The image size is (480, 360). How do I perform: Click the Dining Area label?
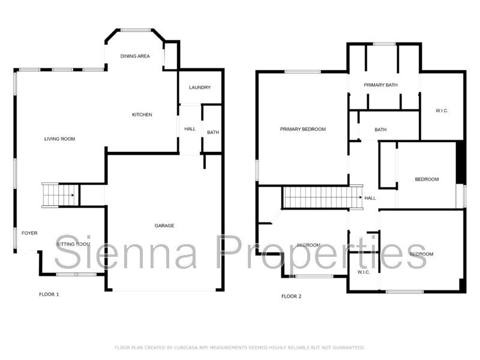pyautogui.click(x=135, y=56)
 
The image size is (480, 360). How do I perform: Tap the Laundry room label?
pyautogui.click(x=200, y=88)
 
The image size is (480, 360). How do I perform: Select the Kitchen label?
pyautogui.click(x=142, y=115)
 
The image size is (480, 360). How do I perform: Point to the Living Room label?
pyautogui.click(x=59, y=139)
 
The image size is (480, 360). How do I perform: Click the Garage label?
pyautogui.click(x=164, y=226)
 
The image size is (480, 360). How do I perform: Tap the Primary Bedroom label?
pyautogui.click(x=302, y=129)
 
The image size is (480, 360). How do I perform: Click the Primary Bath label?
pyautogui.click(x=380, y=85)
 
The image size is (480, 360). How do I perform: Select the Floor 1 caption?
pyautogui.click(x=49, y=294)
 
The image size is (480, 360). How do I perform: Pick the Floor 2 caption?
pyautogui.click(x=292, y=296)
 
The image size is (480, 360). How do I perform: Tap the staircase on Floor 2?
pyautogui.click(x=322, y=197)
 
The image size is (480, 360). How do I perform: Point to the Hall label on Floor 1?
pyautogui.click(x=190, y=128)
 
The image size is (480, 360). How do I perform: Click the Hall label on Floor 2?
pyautogui.click(x=370, y=198)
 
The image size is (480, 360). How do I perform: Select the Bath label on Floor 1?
pyautogui.click(x=213, y=133)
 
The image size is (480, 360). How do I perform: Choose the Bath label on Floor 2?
pyautogui.click(x=380, y=130)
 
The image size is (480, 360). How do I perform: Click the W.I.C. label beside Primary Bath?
pyautogui.click(x=442, y=110)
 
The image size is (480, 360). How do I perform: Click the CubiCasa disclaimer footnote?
pyautogui.click(x=240, y=347)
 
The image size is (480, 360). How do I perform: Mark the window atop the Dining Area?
pyautogui.click(x=136, y=29)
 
